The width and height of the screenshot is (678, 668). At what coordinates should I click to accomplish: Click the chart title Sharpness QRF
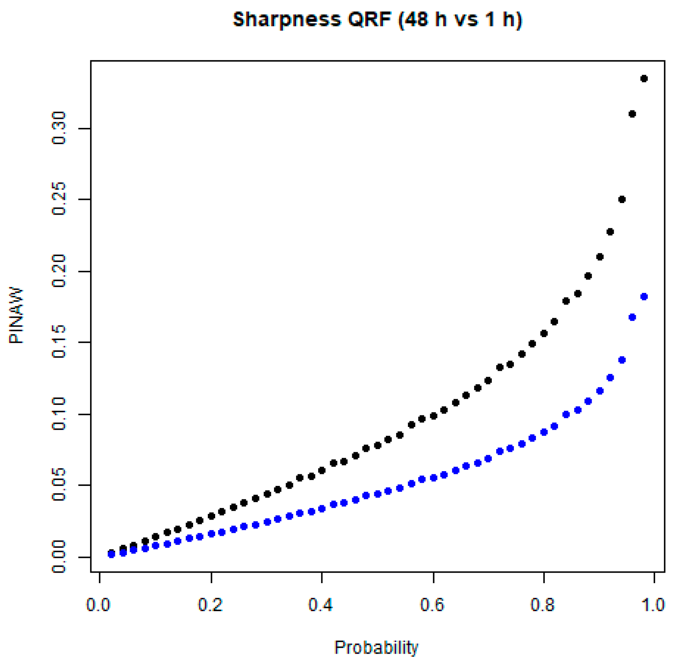click(377, 19)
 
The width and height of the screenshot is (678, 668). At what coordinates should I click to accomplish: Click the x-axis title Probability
click(376, 647)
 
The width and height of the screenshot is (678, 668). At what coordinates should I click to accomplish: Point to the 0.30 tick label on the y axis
click(59, 128)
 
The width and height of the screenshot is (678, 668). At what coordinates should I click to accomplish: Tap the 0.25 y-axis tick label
click(59, 199)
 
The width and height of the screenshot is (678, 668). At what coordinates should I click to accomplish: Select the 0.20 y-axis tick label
click(59, 271)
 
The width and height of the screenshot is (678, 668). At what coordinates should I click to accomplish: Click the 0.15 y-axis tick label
click(59, 342)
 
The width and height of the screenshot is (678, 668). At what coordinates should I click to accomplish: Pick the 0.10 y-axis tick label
click(59, 414)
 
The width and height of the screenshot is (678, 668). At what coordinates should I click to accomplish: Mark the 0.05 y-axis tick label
click(59, 485)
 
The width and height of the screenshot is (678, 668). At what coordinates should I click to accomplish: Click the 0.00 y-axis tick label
click(59, 557)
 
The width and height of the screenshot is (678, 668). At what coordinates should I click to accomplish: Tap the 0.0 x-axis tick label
click(98, 605)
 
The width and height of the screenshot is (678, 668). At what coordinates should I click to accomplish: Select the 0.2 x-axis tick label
click(210, 605)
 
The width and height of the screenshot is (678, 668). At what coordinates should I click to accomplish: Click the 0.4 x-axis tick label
click(321, 605)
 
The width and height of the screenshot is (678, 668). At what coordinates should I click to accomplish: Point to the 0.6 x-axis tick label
click(432, 605)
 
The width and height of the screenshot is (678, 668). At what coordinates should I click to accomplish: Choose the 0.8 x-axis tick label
click(543, 605)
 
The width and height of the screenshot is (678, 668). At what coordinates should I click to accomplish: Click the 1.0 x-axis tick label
click(653, 605)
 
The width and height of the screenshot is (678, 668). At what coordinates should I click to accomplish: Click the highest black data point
click(644, 79)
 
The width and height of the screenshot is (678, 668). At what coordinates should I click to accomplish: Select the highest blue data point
click(644, 297)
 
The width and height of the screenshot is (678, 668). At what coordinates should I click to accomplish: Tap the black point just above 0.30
click(632, 114)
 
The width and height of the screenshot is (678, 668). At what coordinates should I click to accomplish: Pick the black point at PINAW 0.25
click(622, 200)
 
